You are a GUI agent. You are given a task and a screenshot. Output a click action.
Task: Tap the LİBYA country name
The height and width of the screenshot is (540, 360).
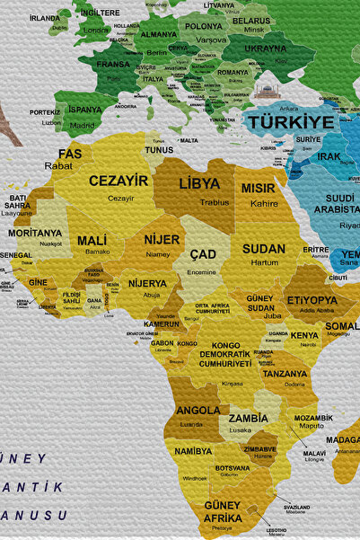click(199, 183)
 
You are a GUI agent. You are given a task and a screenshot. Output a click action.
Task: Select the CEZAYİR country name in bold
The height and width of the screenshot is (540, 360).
click(119, 181)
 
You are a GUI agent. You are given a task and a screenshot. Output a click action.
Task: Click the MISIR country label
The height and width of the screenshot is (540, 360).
click(259, 189)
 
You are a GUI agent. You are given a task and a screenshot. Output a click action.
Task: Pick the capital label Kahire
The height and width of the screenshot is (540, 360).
click(264, 204)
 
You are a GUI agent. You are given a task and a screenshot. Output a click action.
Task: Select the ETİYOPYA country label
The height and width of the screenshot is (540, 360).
click(312, 300)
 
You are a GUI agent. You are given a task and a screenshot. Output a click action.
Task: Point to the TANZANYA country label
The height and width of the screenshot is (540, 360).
click(285, 374)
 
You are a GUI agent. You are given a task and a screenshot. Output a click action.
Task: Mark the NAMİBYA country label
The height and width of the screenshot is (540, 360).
click(193, 451)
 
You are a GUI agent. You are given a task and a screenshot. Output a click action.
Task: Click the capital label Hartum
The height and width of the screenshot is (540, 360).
click(264, 262)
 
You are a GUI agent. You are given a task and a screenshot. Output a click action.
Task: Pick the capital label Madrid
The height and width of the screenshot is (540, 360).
click(83, 126)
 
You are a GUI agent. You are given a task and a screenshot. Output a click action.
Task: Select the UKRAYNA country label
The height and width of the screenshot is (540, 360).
click(266, 49)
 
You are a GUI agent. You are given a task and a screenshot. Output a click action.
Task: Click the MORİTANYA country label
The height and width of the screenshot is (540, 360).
click(35, 233)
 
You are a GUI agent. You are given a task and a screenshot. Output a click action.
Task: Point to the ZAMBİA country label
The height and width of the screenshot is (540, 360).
click(248, 418)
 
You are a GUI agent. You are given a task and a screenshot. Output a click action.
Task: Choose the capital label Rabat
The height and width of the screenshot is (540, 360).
click(59, 166)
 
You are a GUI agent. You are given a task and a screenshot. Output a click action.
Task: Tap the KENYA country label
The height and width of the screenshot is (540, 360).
click(305, 335)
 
